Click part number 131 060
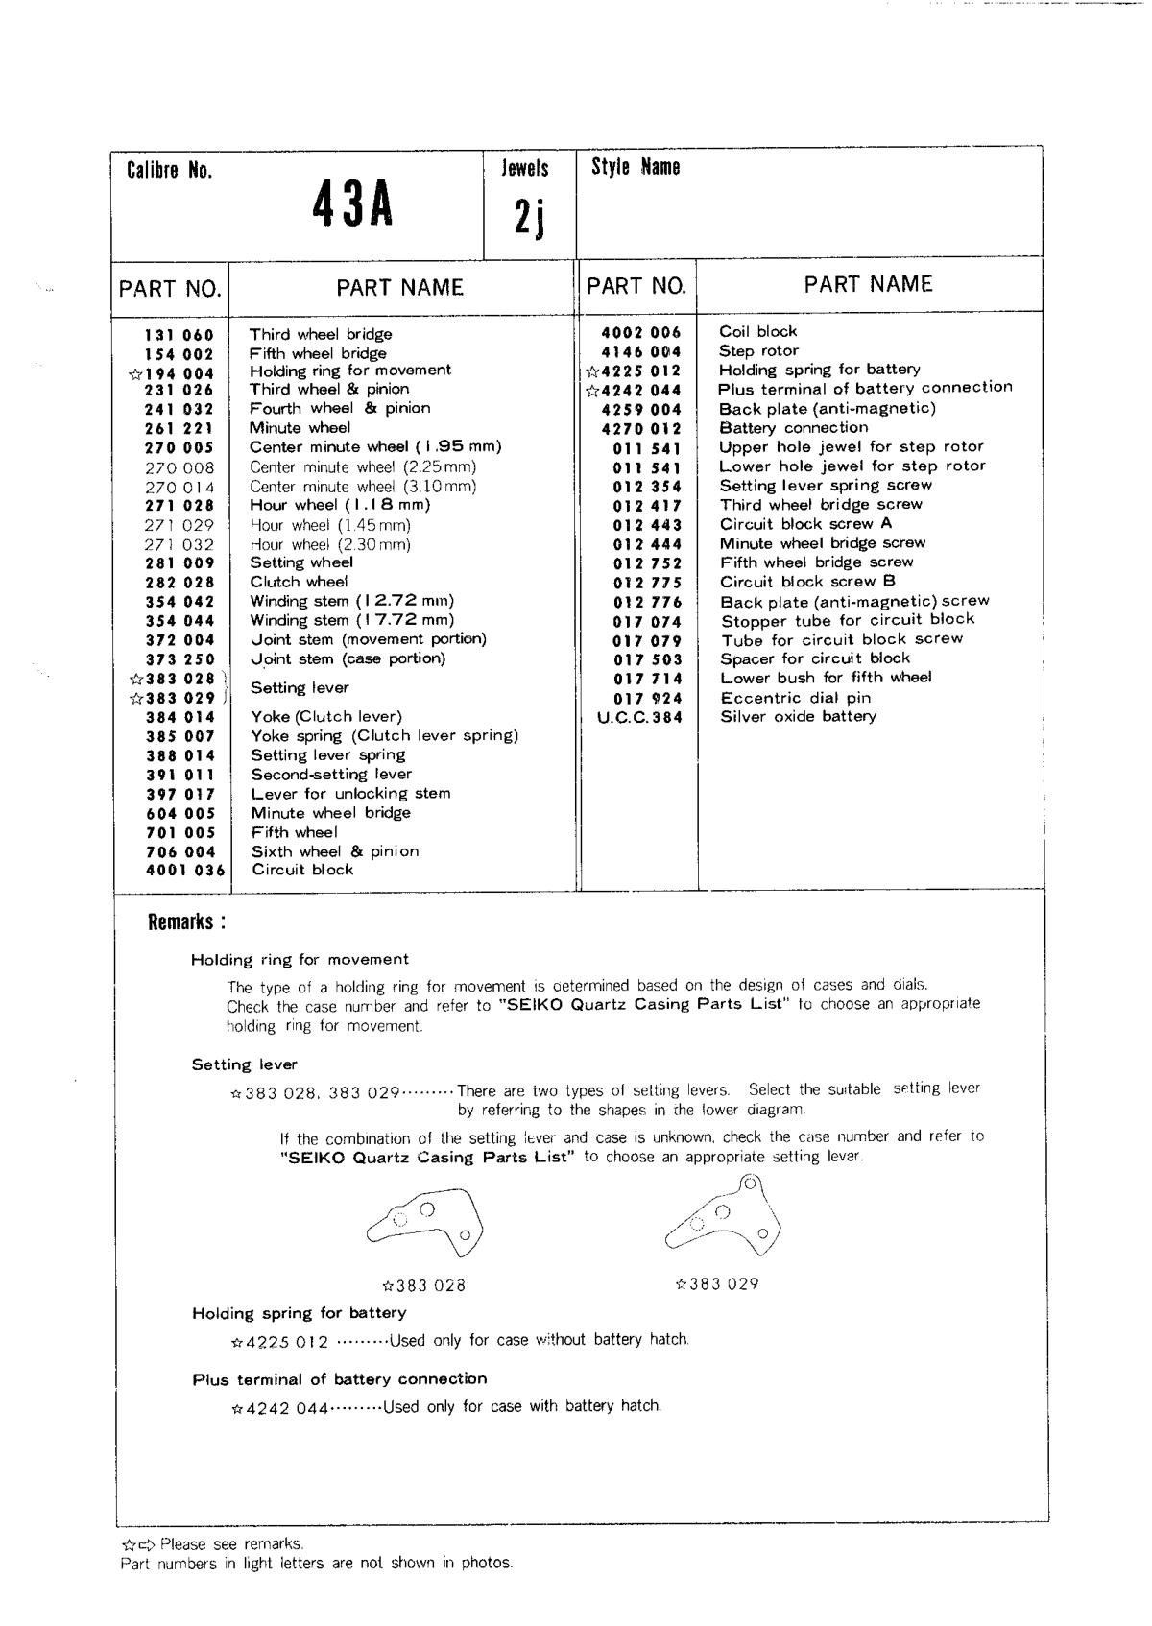(180, 335)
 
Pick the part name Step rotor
(758, 351)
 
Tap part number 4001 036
(186, 871)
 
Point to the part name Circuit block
(302, 871)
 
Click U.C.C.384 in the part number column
(639, 717)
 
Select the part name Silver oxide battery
(798, 717)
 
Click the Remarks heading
(187, 922)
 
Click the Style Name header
(636, 167)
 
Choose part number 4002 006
(640, 332)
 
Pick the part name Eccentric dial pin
(796, 698)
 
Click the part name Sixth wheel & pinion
(334, 851)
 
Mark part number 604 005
(180, 813)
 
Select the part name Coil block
(757, 332)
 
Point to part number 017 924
(647, 698)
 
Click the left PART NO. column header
(170, 289)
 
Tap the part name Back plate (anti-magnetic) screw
(854, 602)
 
